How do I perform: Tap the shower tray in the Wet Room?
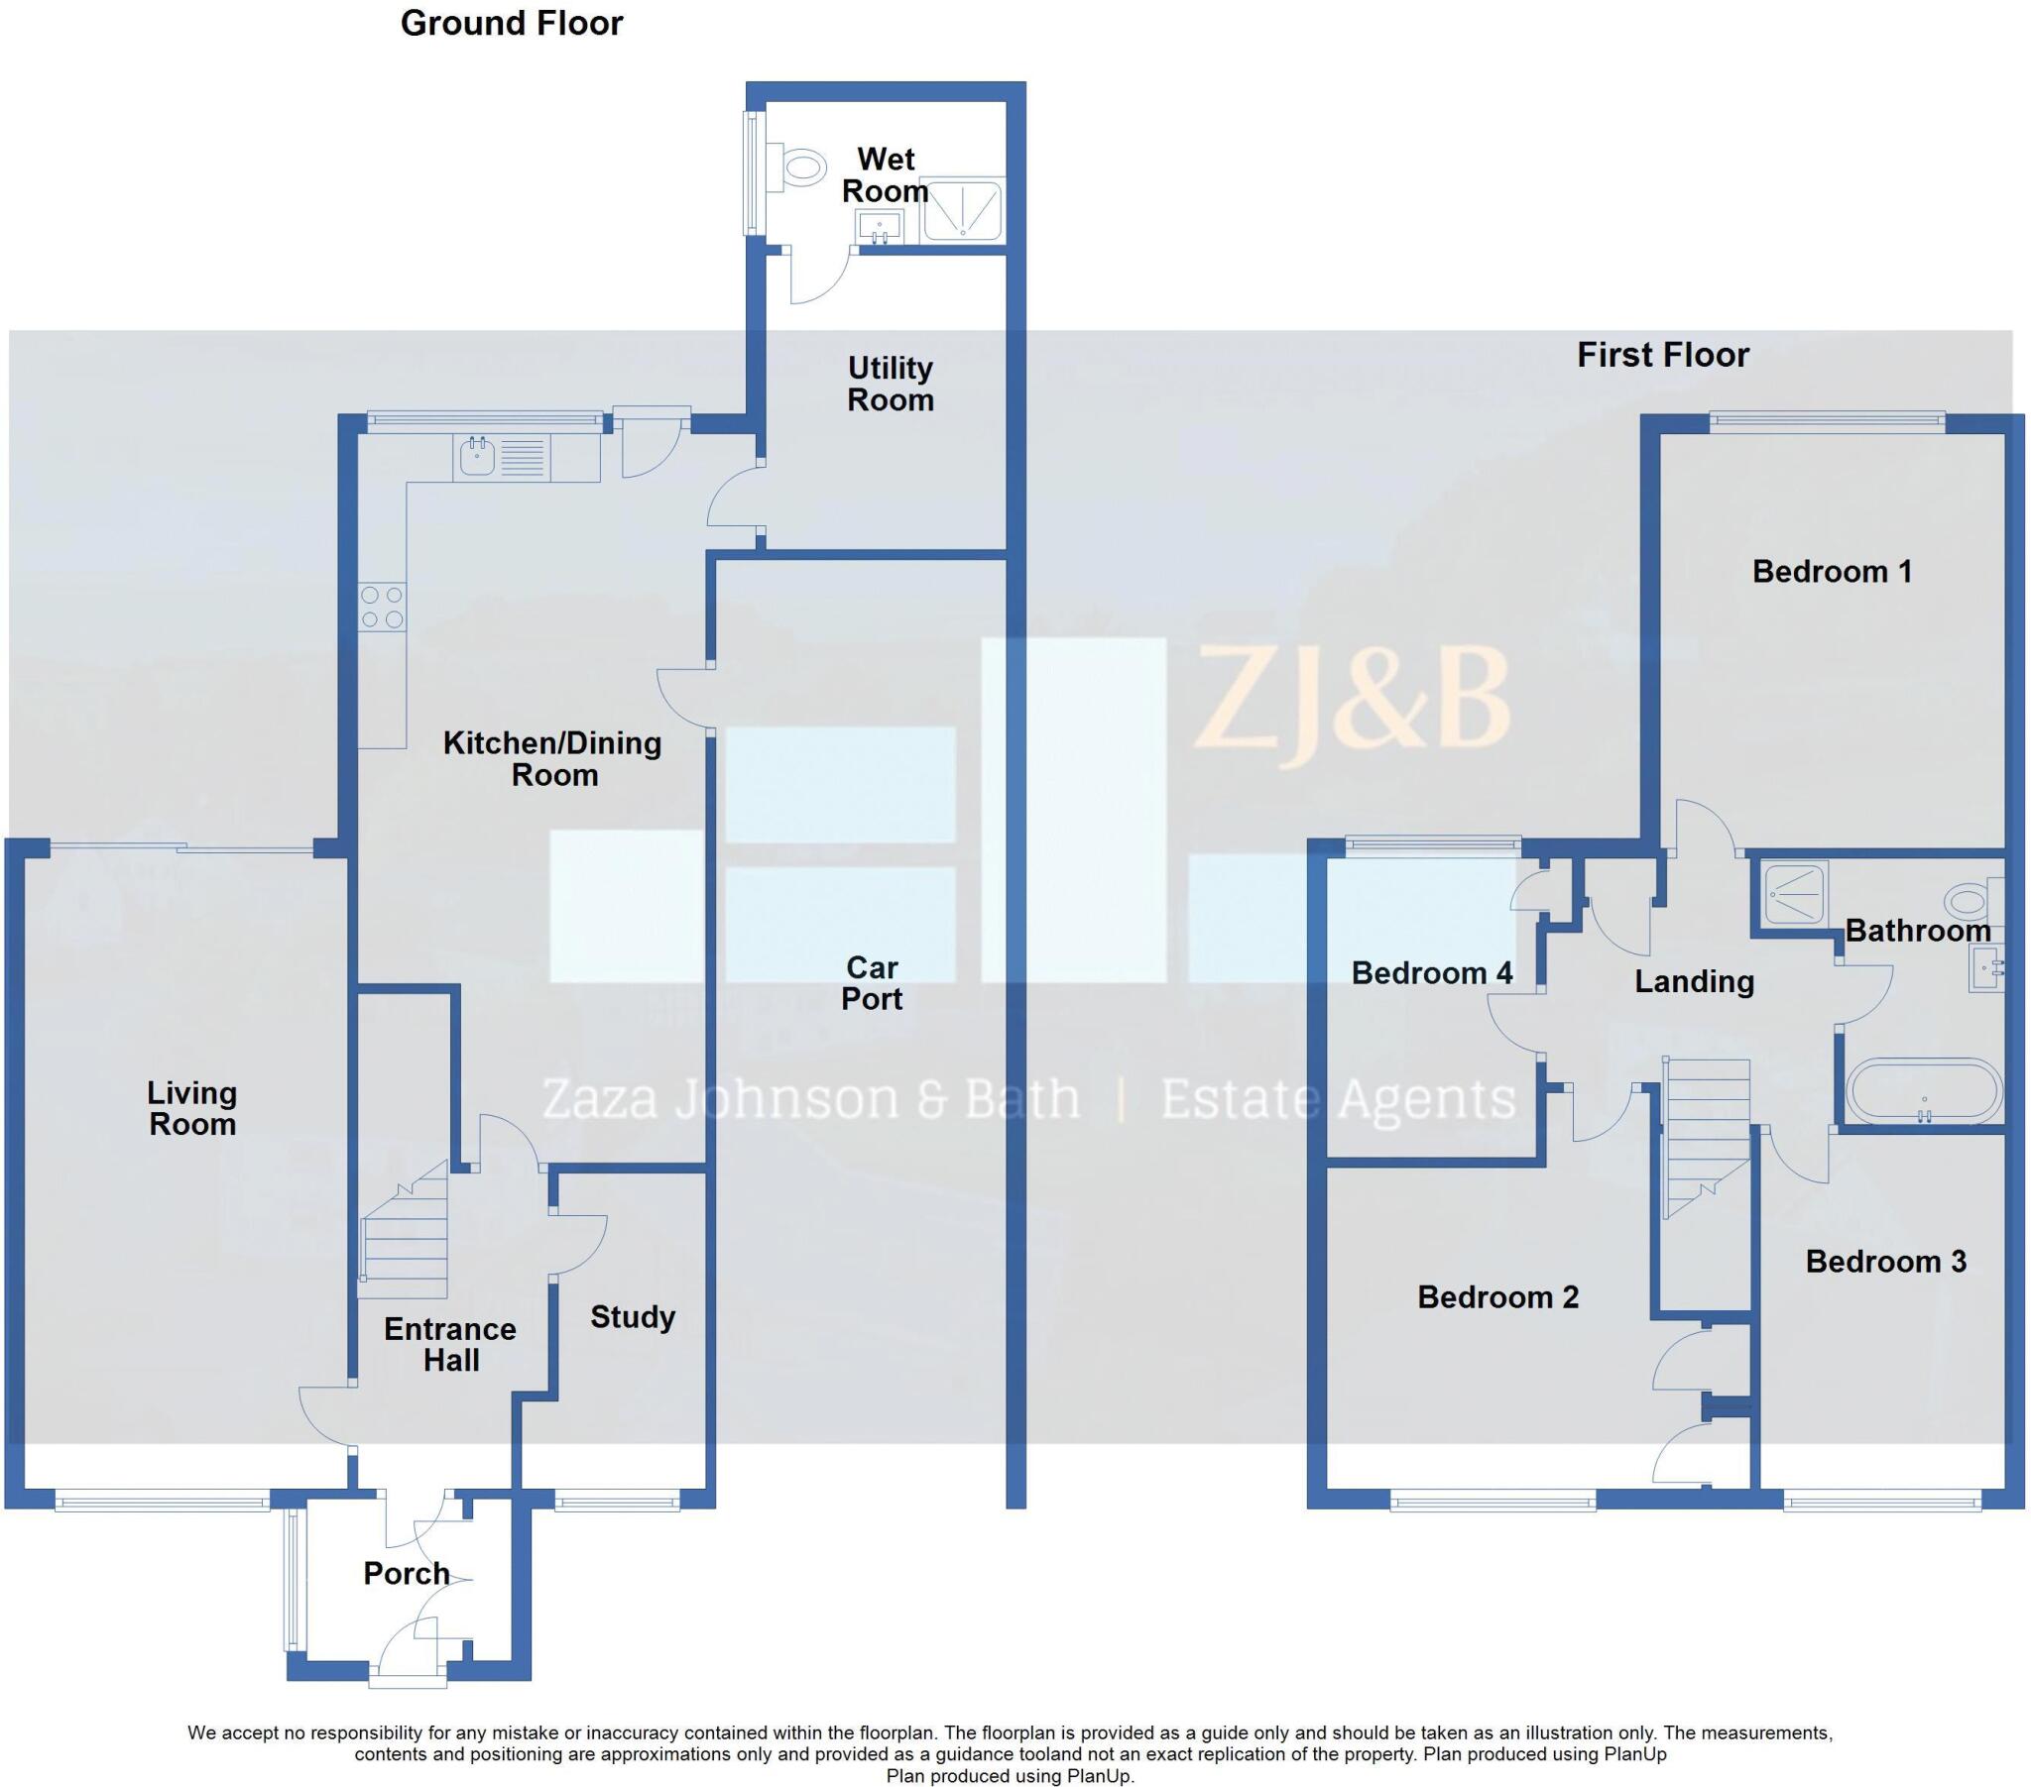click(x=962, y=208)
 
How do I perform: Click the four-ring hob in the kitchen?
click(x=383, y=607)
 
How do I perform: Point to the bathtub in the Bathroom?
click(x=1924, y=1091)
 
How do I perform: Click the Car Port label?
click(x=872, y=982)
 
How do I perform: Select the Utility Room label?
click(x=891, y=384)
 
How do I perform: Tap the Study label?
click(x=633, y=1317)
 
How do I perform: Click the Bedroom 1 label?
click(x=1832, y=571)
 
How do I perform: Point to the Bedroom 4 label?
click(x=1431, y=972)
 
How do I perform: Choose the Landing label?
click(x=1694, y=981)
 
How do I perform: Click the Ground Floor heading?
click(x=511, y=23)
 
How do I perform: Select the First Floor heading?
click(x=1662, y=355)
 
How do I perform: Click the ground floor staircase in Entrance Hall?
click(x=405, y=1242)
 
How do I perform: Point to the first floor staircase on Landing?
click(x=1706, y=1133)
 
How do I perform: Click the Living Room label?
click(x=191, y=1108)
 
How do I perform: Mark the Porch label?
click(x=407, y=1574)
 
